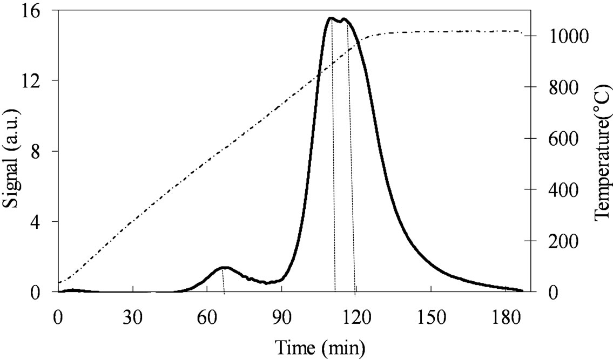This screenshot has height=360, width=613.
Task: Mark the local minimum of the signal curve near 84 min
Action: coord(266,283)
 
